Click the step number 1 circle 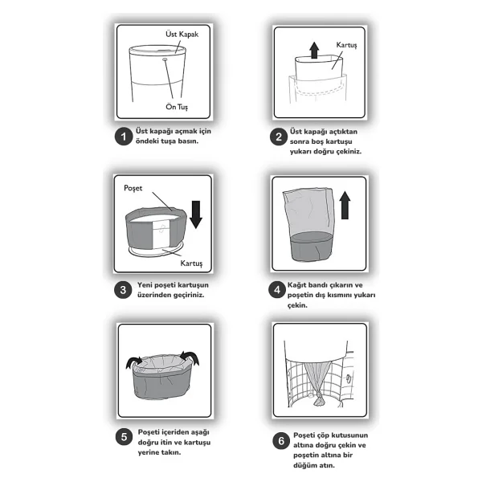124,137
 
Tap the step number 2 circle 279,137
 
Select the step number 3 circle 123,289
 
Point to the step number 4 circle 277,289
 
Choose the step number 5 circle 125,437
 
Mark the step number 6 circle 281,441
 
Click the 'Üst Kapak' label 182,34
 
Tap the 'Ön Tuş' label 177,107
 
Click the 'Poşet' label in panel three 133,188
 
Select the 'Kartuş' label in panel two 346,45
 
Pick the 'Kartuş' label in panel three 191,263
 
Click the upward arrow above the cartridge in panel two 314,50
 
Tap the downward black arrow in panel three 196,214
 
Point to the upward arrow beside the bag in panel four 345,206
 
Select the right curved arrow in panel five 190,357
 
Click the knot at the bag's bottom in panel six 319,399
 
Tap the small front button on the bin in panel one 165,59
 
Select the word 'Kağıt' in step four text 297,285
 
